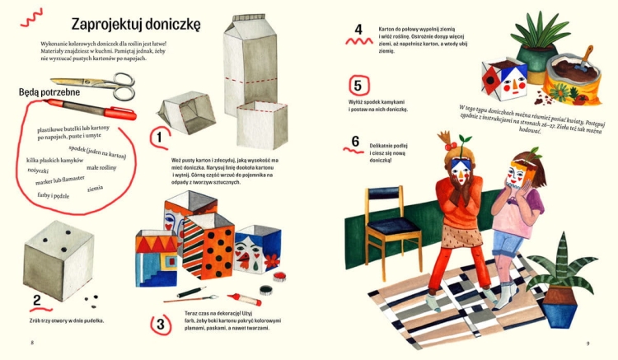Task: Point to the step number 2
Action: coord(36,301)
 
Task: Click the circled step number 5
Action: coord(358,85)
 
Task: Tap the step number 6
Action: coord(355,141)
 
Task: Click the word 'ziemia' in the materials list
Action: coord(95,189)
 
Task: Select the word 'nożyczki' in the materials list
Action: coord(38,170)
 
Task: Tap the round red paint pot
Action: coord(266,290)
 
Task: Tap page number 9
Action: coord(588,343)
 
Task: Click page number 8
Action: coord(30,343)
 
